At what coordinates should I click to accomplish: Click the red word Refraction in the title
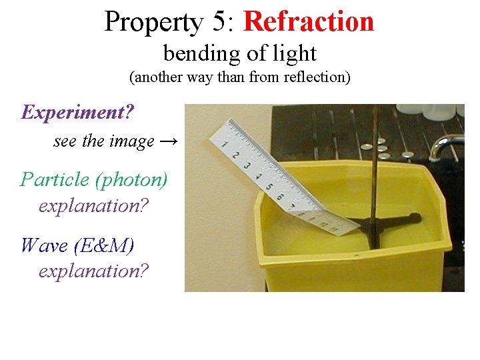(309, 21)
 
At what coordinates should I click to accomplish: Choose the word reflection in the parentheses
(312, 77)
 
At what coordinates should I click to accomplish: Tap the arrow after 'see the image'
(169, 141)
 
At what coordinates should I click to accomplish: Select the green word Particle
(55, 179)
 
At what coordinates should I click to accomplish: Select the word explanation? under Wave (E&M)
(93, 271)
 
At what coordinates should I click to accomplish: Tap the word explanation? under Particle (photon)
(93, 205)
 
